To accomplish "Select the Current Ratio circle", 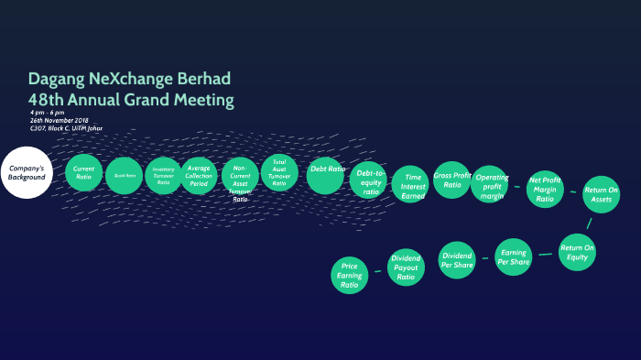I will click(x=84, y=172).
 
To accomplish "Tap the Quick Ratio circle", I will click(x=124, y=175).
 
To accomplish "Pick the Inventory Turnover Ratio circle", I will click(x=163, y=176).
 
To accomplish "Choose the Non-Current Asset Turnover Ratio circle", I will click(x=240, y=178).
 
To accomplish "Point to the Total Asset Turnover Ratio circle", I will click(x=279, y=171).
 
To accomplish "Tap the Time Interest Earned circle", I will click(x=409, y=184).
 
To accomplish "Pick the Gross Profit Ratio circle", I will click(x=452, y=180).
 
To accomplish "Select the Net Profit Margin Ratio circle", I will click(x=546, y=189).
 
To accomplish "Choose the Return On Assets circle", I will click(x=601, y=194).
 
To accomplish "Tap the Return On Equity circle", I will click(x=578, y=252).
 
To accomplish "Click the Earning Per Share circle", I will click(x=514, y=256).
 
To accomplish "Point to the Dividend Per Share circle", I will click(x=456, y=260).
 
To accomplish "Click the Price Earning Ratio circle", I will click(x=350, y=276).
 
